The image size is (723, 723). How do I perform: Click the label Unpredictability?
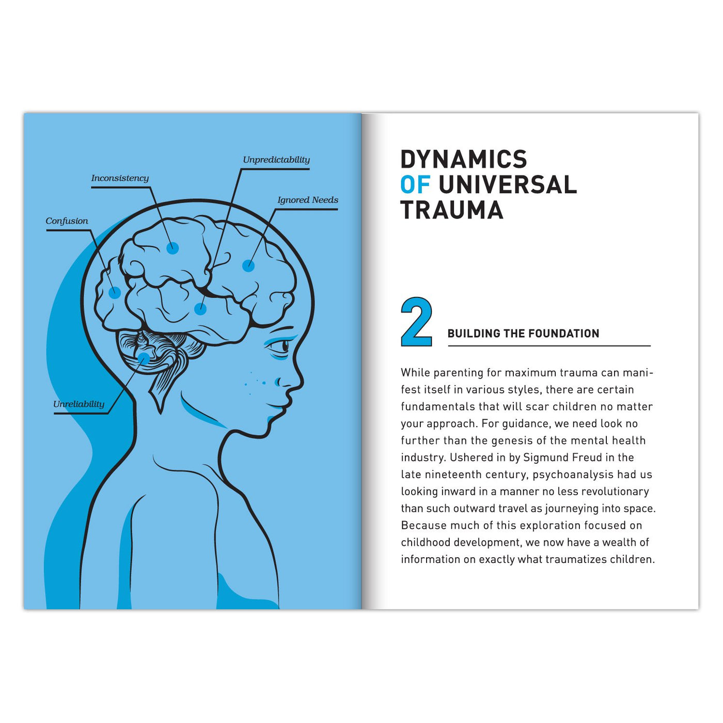coord(276,160)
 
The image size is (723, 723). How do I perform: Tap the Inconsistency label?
coord(120,178)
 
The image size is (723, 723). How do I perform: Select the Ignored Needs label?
coord(308,200)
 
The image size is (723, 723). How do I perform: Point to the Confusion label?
coord(67,221)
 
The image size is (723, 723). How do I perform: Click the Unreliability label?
coord(79,404)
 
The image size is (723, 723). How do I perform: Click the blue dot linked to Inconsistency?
coord(172,248)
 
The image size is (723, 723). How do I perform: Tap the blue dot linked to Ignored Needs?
coord(248,265)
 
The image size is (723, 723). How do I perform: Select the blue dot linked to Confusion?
coord(115,293)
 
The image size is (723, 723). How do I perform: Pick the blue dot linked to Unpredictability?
coord(200,309)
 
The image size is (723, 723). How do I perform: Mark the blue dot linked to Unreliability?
coord(144,358)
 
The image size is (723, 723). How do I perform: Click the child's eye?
coord(281,345)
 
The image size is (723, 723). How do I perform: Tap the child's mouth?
coord(278,405)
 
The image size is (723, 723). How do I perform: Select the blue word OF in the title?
coord(415,184)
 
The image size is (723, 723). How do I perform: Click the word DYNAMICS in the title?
coord(464,159)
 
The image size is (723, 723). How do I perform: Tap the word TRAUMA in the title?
coord(452,210)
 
